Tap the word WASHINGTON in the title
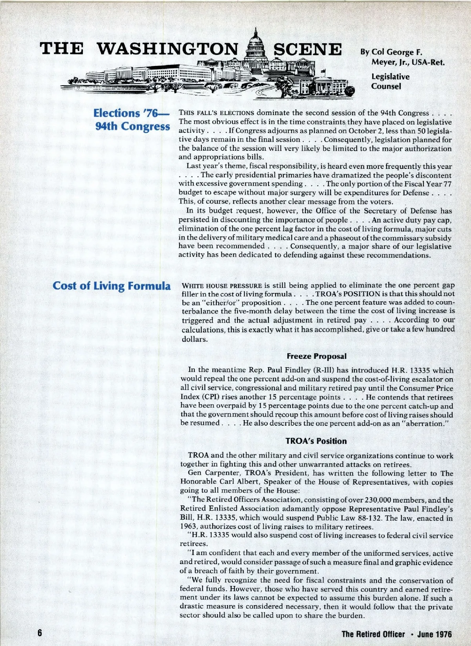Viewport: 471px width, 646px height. pyautogui.click(x=167, y=49)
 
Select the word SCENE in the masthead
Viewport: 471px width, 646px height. pyautogui.click(x=307, y=49)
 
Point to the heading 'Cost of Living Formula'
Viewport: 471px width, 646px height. pyautogui.click(x=112, y=285)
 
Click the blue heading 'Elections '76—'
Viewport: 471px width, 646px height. pyautogui.click(x=131, y=113)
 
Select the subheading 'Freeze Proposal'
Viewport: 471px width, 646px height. pyautogui.click(x=316, y=356)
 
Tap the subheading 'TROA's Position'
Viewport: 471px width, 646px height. pyautogui.click(x=316, y=441)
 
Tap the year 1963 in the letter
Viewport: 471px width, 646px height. pyautogui.click(x=188, y=527)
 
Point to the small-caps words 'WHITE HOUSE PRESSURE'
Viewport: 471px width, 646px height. pyautogui.click(x=222, y=285)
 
